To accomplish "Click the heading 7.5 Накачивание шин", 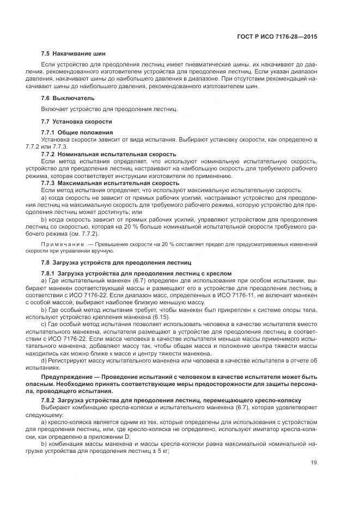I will point(74,54).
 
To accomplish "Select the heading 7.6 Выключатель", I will point(68,98).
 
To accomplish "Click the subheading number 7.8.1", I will point(48,273).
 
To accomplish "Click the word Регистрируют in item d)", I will point(70,361).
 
